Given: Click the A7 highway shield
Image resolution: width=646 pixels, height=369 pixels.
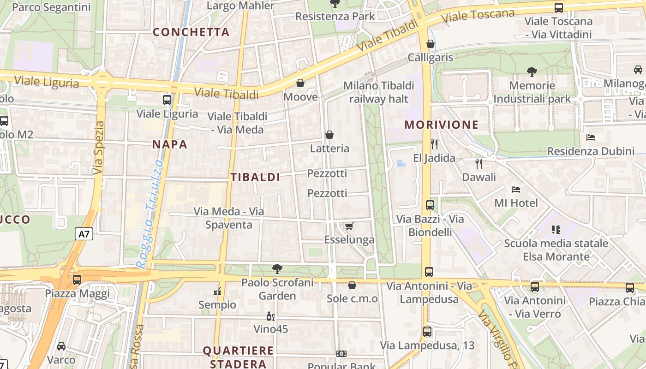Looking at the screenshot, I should [84, 234].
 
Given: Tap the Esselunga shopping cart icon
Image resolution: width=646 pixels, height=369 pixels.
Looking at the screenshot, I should [349, 226].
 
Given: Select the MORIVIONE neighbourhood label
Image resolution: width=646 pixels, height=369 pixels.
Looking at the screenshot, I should [442, 125].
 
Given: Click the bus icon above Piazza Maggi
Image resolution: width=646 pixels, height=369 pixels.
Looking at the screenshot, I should [77, 280].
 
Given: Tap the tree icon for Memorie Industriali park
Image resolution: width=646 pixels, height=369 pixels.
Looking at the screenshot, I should [532, 71].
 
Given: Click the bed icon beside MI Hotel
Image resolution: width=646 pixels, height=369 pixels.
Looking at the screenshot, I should [516, 189].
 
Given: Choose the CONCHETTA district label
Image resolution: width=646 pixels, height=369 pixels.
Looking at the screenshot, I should [191, 32].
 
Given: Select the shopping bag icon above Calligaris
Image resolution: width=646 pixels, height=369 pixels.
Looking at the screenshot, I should [431, 44].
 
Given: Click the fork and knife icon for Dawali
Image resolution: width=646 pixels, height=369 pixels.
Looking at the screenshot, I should [479, 163].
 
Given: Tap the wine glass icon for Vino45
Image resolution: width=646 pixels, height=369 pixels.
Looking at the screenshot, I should [271, 316].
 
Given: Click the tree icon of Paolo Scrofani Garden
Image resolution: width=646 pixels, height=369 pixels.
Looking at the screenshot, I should [277, 268].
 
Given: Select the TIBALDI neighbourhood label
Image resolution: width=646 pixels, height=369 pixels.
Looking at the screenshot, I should [256, 177].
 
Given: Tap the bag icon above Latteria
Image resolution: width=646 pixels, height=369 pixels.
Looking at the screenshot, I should [329, 135].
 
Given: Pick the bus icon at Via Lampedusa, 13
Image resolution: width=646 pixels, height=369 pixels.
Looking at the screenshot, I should [427, 331].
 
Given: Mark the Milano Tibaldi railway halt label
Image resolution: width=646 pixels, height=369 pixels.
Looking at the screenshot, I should [379, 92].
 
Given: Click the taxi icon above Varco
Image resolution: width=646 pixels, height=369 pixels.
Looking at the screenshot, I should [61, 346].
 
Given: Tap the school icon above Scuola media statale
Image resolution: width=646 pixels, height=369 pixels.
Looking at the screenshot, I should [556, 229].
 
